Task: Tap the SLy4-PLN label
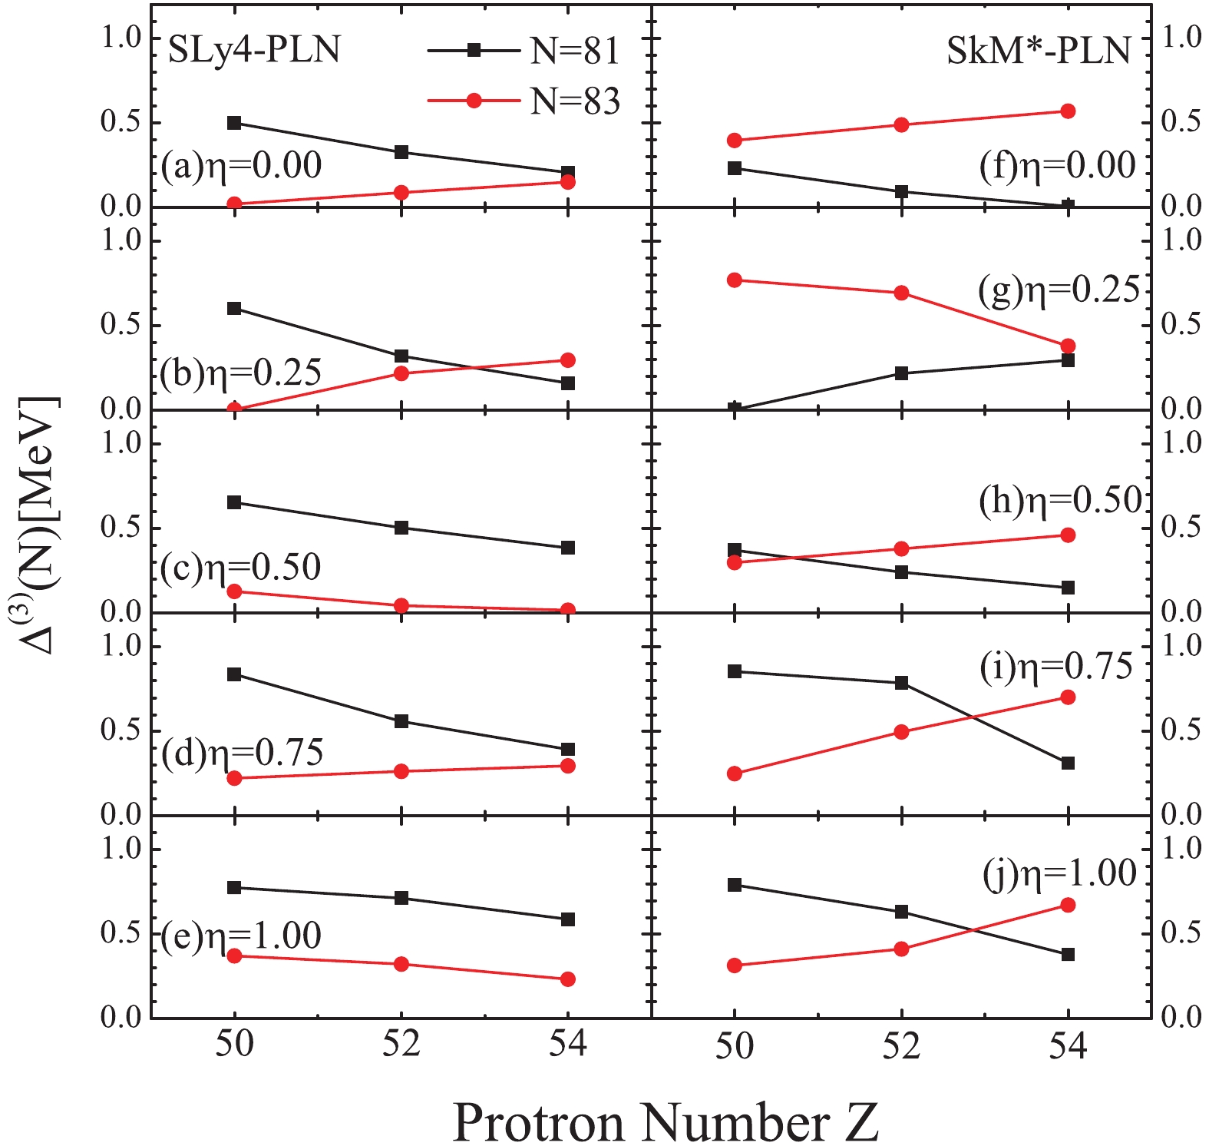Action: click(254, 51)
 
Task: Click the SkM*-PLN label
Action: click(1039, 51)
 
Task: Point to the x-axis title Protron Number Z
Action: click(666, 1122)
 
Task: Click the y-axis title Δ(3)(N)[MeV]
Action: click(38, 526)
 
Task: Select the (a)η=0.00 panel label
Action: click(241, 165)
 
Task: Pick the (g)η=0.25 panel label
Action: click(1059, 290)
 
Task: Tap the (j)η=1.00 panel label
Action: click(1060, 874)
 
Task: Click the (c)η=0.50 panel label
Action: click(240, 568)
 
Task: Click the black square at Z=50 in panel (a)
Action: click(234, 123)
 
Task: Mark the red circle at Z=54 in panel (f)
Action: click(1068, 111)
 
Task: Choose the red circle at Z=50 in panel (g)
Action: click(735, 280)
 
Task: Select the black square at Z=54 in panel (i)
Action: click(1068, 763)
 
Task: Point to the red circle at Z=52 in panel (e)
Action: click(401, 964)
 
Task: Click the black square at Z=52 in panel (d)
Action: click(401, 721)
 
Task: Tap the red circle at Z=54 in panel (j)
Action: click(1068, 906)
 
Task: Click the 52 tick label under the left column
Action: click(401, 1045)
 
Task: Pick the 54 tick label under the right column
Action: click(1068, 1045)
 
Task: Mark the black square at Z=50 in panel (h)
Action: click(735, 550)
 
